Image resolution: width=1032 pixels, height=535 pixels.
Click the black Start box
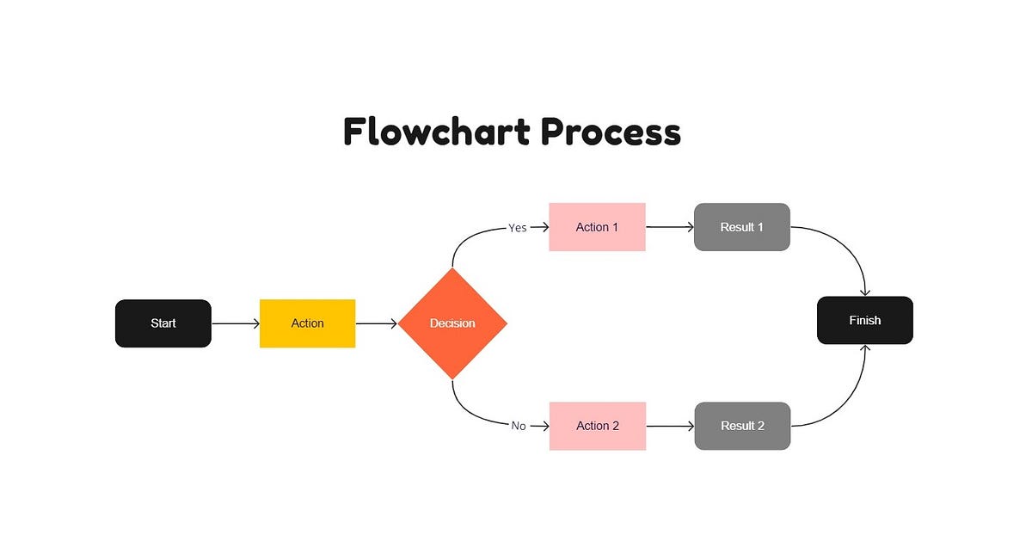163,323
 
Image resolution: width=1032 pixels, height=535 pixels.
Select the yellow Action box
307,323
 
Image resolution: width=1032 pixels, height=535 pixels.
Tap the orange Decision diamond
452,323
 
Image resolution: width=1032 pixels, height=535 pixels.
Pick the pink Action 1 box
597,227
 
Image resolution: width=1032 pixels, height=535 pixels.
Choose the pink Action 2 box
597,426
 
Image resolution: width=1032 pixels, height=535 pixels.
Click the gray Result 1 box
741,227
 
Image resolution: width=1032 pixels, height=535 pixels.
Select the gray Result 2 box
741,426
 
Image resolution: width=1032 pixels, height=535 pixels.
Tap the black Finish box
864,320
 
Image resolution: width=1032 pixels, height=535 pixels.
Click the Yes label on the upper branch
518,228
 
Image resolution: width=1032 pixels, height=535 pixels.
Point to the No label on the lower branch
519,426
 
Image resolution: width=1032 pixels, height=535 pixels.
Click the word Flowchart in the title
435,132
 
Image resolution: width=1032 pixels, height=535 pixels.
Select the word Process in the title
611,132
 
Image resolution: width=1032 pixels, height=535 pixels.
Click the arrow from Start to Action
235,323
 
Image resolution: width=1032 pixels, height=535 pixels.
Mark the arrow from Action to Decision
377,323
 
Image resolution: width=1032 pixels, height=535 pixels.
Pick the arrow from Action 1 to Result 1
669,227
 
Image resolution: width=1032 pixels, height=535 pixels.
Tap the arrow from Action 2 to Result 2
669,426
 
